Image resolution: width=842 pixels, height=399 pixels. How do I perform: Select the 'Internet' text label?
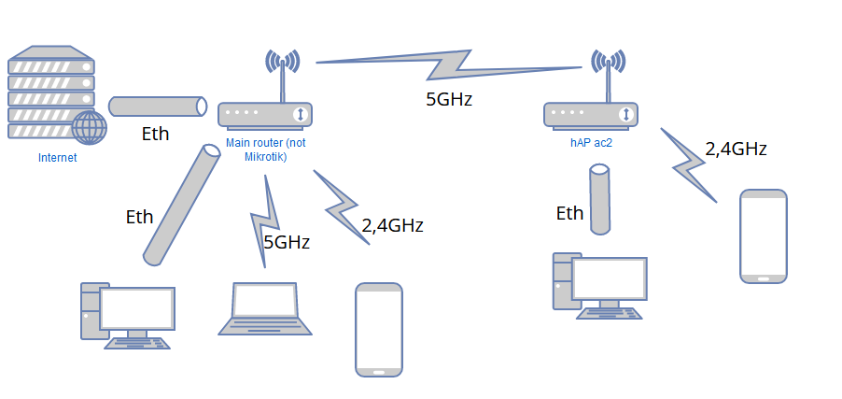57,158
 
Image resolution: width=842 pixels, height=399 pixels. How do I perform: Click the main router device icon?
265,114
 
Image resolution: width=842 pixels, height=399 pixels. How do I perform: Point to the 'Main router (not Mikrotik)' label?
266,150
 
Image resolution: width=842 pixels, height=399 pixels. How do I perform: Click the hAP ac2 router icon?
591,114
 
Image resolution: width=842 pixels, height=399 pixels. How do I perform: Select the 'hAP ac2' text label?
590,143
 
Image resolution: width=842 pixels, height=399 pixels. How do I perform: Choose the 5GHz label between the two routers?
449,99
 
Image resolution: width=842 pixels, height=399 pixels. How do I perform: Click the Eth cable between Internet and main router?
158,106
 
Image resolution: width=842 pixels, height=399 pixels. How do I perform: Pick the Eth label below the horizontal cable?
155,134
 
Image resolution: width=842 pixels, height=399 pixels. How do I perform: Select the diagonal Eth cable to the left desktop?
182,203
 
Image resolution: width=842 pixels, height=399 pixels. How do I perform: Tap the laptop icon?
265,308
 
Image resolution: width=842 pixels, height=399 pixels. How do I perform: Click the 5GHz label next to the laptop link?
286,242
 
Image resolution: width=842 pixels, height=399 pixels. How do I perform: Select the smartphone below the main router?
378,330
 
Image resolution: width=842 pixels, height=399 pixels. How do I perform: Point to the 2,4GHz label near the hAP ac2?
736,148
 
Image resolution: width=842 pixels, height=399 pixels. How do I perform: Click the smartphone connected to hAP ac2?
764,235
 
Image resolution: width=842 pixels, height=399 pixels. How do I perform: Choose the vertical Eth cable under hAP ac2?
599,198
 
